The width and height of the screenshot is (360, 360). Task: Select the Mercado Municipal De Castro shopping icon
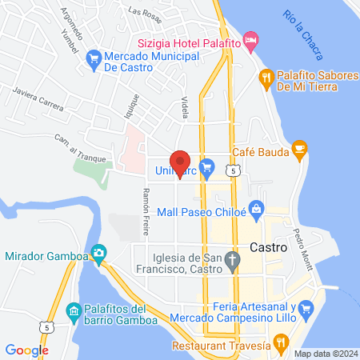[x=94, y=57]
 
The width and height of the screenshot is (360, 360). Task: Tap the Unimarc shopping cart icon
[x=207, y=166]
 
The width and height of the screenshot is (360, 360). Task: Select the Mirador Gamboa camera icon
[x=98, y=254]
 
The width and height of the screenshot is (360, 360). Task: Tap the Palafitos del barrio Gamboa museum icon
[x=73, y=310]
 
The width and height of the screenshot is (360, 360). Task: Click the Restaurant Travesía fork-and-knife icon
[x=280, y=344]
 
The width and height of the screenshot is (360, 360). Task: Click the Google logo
[x=26, y=350]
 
